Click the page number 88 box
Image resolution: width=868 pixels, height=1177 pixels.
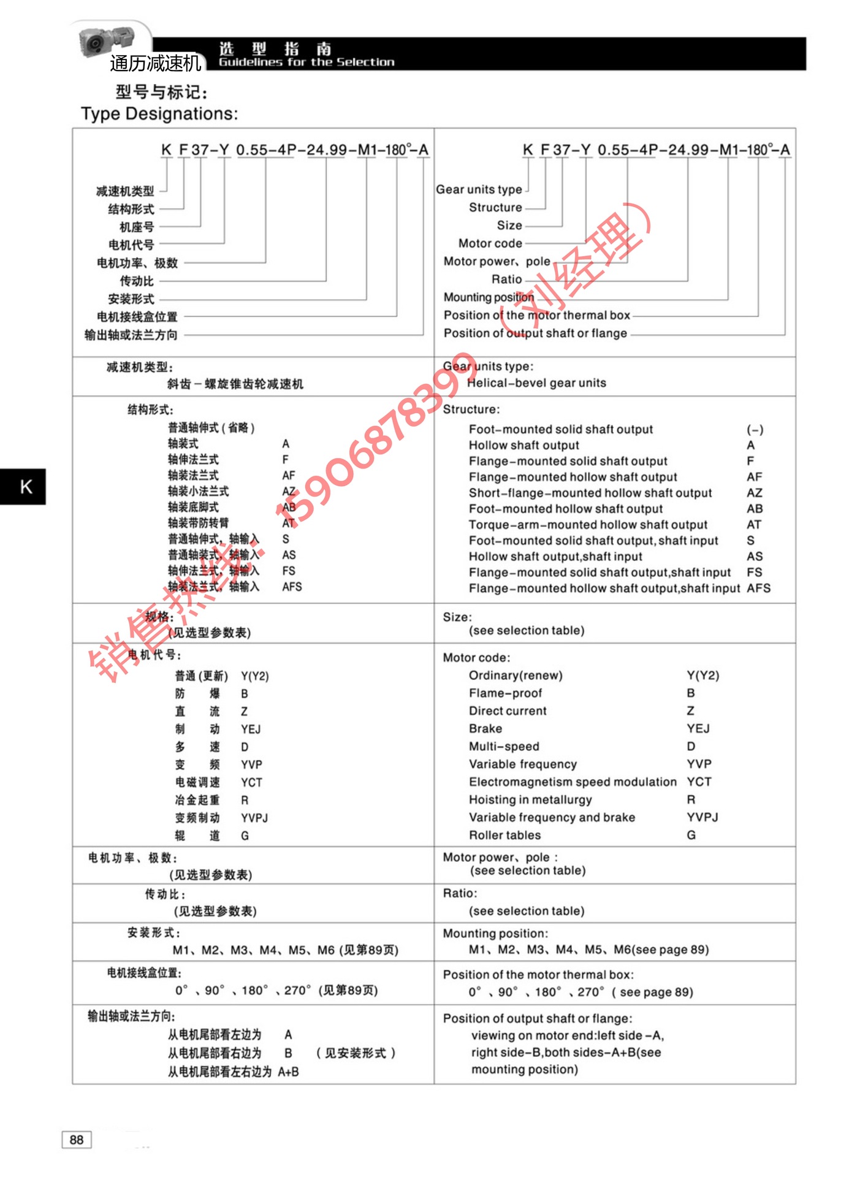(77, 1140)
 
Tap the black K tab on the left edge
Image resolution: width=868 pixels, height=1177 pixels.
(23, 487)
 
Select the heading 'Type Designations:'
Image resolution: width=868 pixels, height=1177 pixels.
(159, 114)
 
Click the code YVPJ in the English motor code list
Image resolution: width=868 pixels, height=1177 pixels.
(702, 817)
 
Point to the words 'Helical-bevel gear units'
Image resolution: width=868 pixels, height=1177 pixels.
(536, 383)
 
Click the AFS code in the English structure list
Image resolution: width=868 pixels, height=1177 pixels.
(758, 588)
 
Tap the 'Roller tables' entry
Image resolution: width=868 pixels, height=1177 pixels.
(504, 835)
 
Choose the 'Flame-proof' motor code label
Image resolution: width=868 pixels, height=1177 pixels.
(505, 693)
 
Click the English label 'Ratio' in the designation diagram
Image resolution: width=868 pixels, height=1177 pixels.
(507, 280)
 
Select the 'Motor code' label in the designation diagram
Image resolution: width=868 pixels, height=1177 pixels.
(490, 243)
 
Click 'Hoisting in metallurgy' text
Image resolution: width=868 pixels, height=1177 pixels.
(530, 799)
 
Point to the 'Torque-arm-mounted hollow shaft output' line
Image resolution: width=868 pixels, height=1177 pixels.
(588, 525)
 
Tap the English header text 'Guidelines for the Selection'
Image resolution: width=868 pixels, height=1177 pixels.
(306, 63)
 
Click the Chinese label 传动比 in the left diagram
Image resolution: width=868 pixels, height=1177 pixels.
(137, 281)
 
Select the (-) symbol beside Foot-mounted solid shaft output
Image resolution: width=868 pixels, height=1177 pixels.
(755, 430)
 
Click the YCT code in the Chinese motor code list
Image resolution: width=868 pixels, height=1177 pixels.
(251, 783)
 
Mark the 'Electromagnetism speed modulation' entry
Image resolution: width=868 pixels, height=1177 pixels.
(573, 782)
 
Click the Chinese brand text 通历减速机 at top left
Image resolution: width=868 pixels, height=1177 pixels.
(155, 63)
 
